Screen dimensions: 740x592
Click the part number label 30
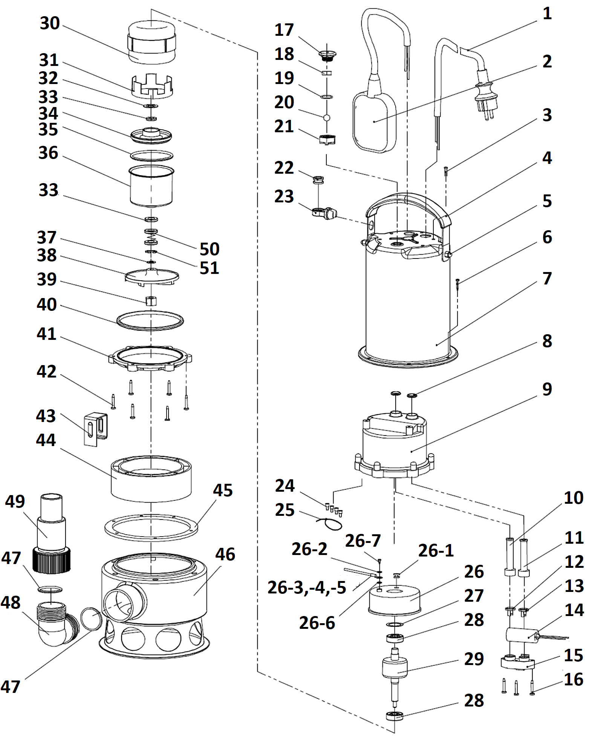pos(50,23)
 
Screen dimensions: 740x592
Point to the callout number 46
pos(225,554)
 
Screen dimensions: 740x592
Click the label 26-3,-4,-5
pos(307,587)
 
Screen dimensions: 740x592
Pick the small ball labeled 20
pos(327,118)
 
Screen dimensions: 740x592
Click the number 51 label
pos(209,268)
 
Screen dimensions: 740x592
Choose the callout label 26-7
pos(363,541)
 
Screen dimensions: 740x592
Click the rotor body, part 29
pos(395,667)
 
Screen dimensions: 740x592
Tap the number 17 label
pos(284,30)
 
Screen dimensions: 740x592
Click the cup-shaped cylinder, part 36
pos(151,187)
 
